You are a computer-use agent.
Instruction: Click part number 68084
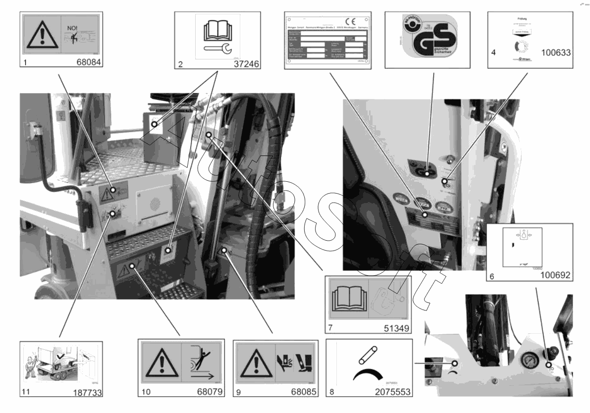[89, 63]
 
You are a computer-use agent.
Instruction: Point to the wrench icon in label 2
[216, 49]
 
